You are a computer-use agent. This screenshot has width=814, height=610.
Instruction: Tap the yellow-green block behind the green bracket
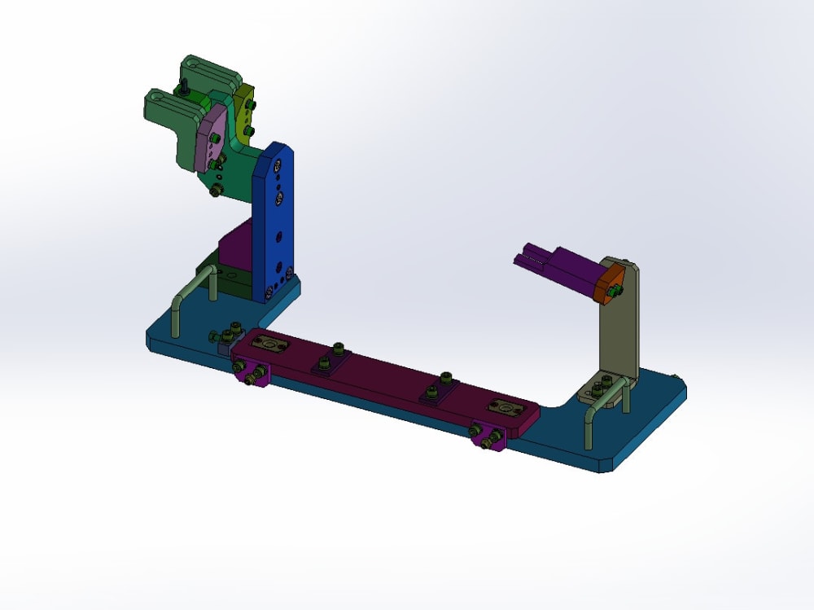pos(244,114)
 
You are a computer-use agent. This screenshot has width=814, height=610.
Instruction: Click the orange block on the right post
pos(610,285)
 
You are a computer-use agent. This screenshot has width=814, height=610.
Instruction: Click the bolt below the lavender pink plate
pos(217,190)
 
